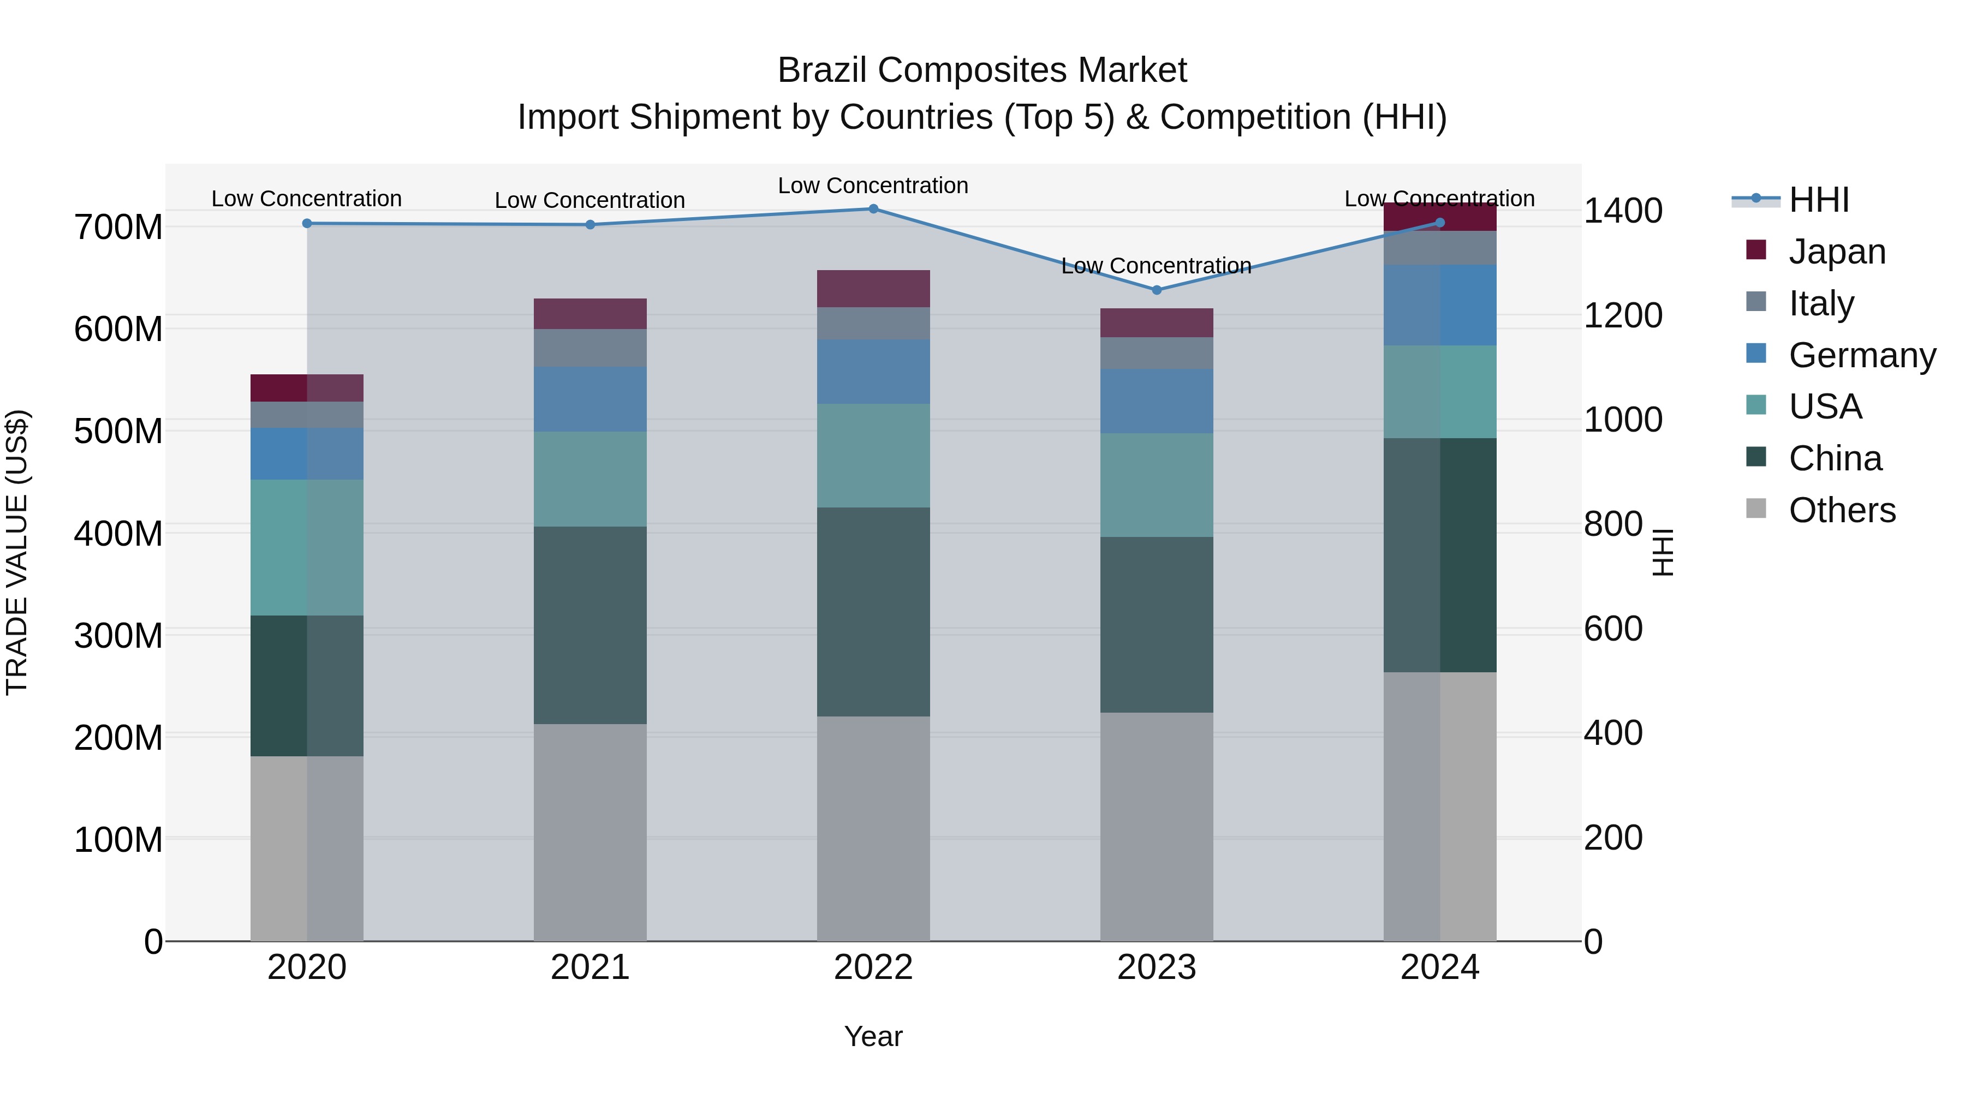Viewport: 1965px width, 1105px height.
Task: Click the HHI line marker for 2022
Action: pyautogui.click(x=873, y=209)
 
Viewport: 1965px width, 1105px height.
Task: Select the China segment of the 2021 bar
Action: pyautogui.click(x=589, y=625)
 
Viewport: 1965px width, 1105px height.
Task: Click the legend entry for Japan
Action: pyautogui.click(x=1836, y=251)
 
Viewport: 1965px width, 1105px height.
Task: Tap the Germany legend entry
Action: pyautogui.click(x=1861, y=355)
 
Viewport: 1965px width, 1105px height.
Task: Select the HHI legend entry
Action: pyautogui.click(x=1819, y=200)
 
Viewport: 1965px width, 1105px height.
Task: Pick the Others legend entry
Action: pyautogui.click(x=1842, y=510)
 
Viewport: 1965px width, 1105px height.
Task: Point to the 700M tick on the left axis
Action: pyautogui.click(x=118, y=227)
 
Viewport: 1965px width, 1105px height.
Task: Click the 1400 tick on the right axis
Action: pyautogui.click(x=1623, y=211)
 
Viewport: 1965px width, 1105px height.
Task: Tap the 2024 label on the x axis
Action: pyautogui.click(x=1439, y=967)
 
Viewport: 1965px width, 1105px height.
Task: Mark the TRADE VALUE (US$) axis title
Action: pyautogui.click(x=17, y=552)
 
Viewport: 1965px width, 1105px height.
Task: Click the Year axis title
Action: pyautogui.click(x=873, y=1036)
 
